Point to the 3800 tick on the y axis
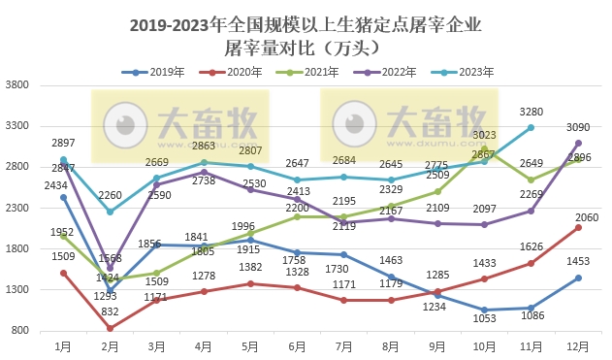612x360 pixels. point(19,85)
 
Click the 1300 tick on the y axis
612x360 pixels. point(19,289)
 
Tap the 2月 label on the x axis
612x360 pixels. point(110,345)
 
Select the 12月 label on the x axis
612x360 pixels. point(578,345)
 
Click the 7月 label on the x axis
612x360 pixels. point(344,345)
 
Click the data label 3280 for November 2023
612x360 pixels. point(531,112)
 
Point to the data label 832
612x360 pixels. point(111,312)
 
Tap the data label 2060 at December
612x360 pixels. point(578,216)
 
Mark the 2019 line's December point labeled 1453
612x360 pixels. point(578,278)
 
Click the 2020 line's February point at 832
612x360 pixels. point(110,328)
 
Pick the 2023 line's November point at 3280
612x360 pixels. point(531,127)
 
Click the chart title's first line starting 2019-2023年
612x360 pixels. point(306,23)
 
